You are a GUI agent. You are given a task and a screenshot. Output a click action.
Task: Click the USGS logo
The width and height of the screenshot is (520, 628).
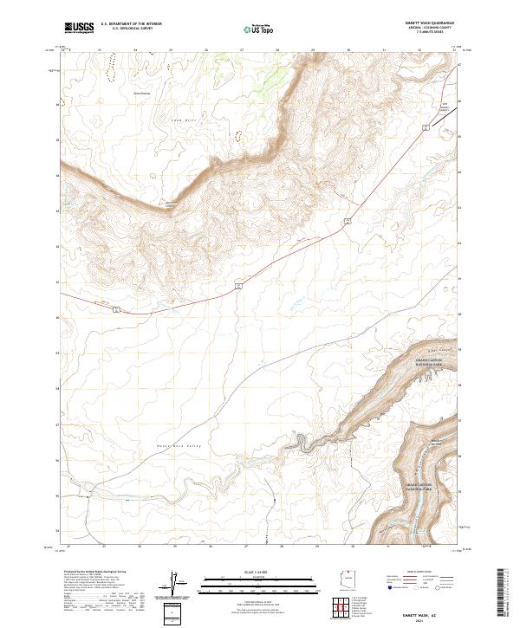pyautogui.click(x=79, y=27)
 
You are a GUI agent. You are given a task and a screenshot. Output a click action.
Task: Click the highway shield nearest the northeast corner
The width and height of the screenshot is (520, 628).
pyautogui.click(x=426, y=127)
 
